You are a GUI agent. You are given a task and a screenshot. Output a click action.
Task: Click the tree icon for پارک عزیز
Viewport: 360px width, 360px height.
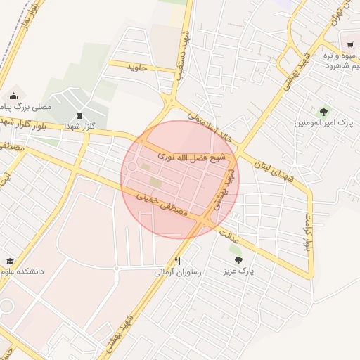click(x=239, y=259)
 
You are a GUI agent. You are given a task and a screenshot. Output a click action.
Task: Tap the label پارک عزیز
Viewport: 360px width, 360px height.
click(x=238, y=270)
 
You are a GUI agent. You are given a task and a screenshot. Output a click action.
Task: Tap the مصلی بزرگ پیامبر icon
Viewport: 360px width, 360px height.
click(x=13, y=96)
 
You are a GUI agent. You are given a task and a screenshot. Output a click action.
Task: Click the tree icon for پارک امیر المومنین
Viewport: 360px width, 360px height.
click(x=323, y=110)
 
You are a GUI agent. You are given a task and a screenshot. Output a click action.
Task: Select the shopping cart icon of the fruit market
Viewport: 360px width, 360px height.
click(x=349, y=44)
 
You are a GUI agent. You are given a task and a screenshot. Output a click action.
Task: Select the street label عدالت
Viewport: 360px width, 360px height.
click(x=231, y=236)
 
